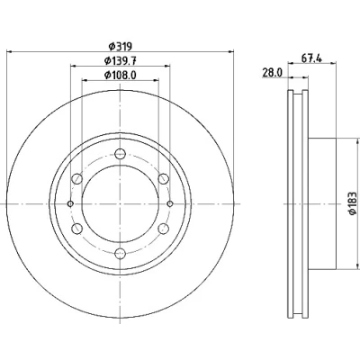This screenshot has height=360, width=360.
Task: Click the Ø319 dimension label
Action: (120, 47)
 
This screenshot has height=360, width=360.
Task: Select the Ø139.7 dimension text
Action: (121, 61)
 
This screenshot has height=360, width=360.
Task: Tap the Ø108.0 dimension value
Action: (121, 75)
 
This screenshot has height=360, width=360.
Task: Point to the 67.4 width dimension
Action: (311, 58)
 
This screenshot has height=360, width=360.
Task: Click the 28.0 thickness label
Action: (273, 73)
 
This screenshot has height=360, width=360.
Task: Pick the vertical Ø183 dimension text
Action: (353, 203)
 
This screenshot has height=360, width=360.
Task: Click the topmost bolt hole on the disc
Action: (120, 154)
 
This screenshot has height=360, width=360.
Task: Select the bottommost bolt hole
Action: (120, 254)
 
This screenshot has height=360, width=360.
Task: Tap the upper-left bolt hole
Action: (76, 179)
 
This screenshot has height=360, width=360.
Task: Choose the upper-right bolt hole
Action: (163, 179)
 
